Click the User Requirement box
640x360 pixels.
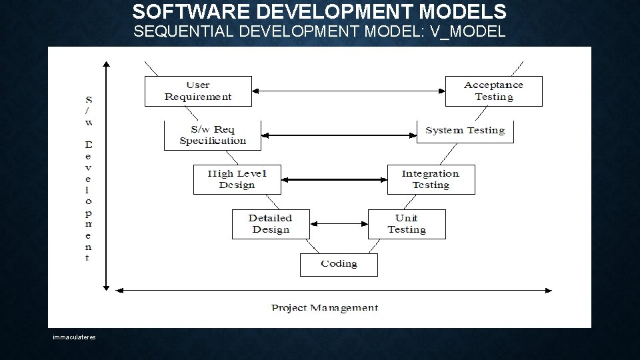point(198,91)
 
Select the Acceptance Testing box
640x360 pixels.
point(493,91)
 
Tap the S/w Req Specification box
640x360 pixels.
point(213,135)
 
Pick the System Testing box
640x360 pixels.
point(465,131)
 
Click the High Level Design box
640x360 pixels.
point(237,179)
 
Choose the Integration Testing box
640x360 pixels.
point(431,179)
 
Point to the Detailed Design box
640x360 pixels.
point(270,224)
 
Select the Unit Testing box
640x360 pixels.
point(407,224)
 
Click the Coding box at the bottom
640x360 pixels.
point(339,264)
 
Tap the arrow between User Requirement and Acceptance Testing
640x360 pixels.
point(349,91)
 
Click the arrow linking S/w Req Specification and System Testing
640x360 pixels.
point(339,135)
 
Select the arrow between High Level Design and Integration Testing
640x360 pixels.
point(335,179)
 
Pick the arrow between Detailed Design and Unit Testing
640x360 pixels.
point(339,224)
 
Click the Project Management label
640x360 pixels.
point(325,308)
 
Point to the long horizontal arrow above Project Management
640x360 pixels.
point(333,290)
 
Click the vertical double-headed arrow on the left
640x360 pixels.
point(105,176)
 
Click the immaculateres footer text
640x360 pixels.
point(75,337)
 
